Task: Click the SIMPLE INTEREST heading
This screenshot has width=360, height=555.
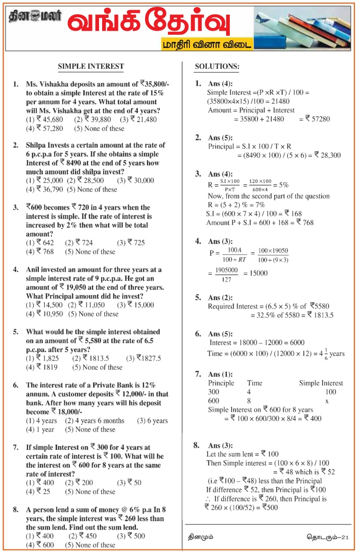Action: (90, 66)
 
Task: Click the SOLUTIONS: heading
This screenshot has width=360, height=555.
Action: (217, 67)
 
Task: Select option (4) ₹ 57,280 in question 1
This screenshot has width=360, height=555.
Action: (44, 129)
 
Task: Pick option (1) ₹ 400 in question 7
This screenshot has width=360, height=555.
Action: (39, 482)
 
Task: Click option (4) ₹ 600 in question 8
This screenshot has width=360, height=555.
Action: (39, 545)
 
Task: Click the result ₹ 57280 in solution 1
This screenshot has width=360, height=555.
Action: (318, 119)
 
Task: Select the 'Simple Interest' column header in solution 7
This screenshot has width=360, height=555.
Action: (321, 383)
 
